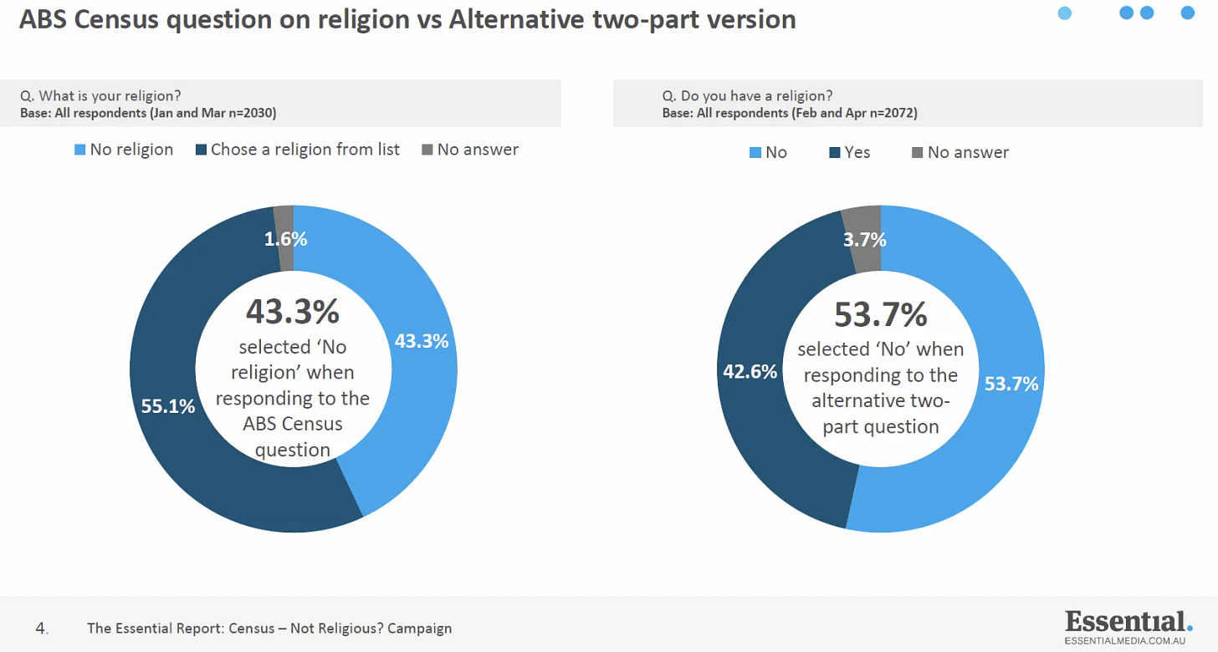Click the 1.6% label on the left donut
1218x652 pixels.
click(x=285, y=239)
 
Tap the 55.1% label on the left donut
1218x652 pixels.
click(x=168, y=406)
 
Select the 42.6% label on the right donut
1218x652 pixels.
click(x=750, y=372)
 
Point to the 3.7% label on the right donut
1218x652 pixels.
click(x=865, y=240)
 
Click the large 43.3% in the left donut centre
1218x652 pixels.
click(x=293, y=312)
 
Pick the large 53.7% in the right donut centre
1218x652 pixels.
click(x=881, y=314)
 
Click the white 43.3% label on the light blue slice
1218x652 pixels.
click(x=422, y=341)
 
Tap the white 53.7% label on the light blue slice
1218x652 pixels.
click(x=1011, y=385)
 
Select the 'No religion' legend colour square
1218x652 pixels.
click(x=80, y=150)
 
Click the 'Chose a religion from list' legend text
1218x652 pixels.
click(x=305, y=150)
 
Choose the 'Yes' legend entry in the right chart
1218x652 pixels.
click(x=849, y=153)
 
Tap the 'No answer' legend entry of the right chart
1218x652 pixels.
click(x=960, y=153)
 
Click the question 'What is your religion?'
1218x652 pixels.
click(x=110, y=96)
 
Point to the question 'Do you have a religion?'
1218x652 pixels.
click(x=756, y=96)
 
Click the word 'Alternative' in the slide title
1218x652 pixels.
click(x=517, y=19)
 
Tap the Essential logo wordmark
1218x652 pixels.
click(x=1128, y=622)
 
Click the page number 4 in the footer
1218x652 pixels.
click(x=41, y=629)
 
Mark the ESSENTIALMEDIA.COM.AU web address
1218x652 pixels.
click(x=1125, y=641)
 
